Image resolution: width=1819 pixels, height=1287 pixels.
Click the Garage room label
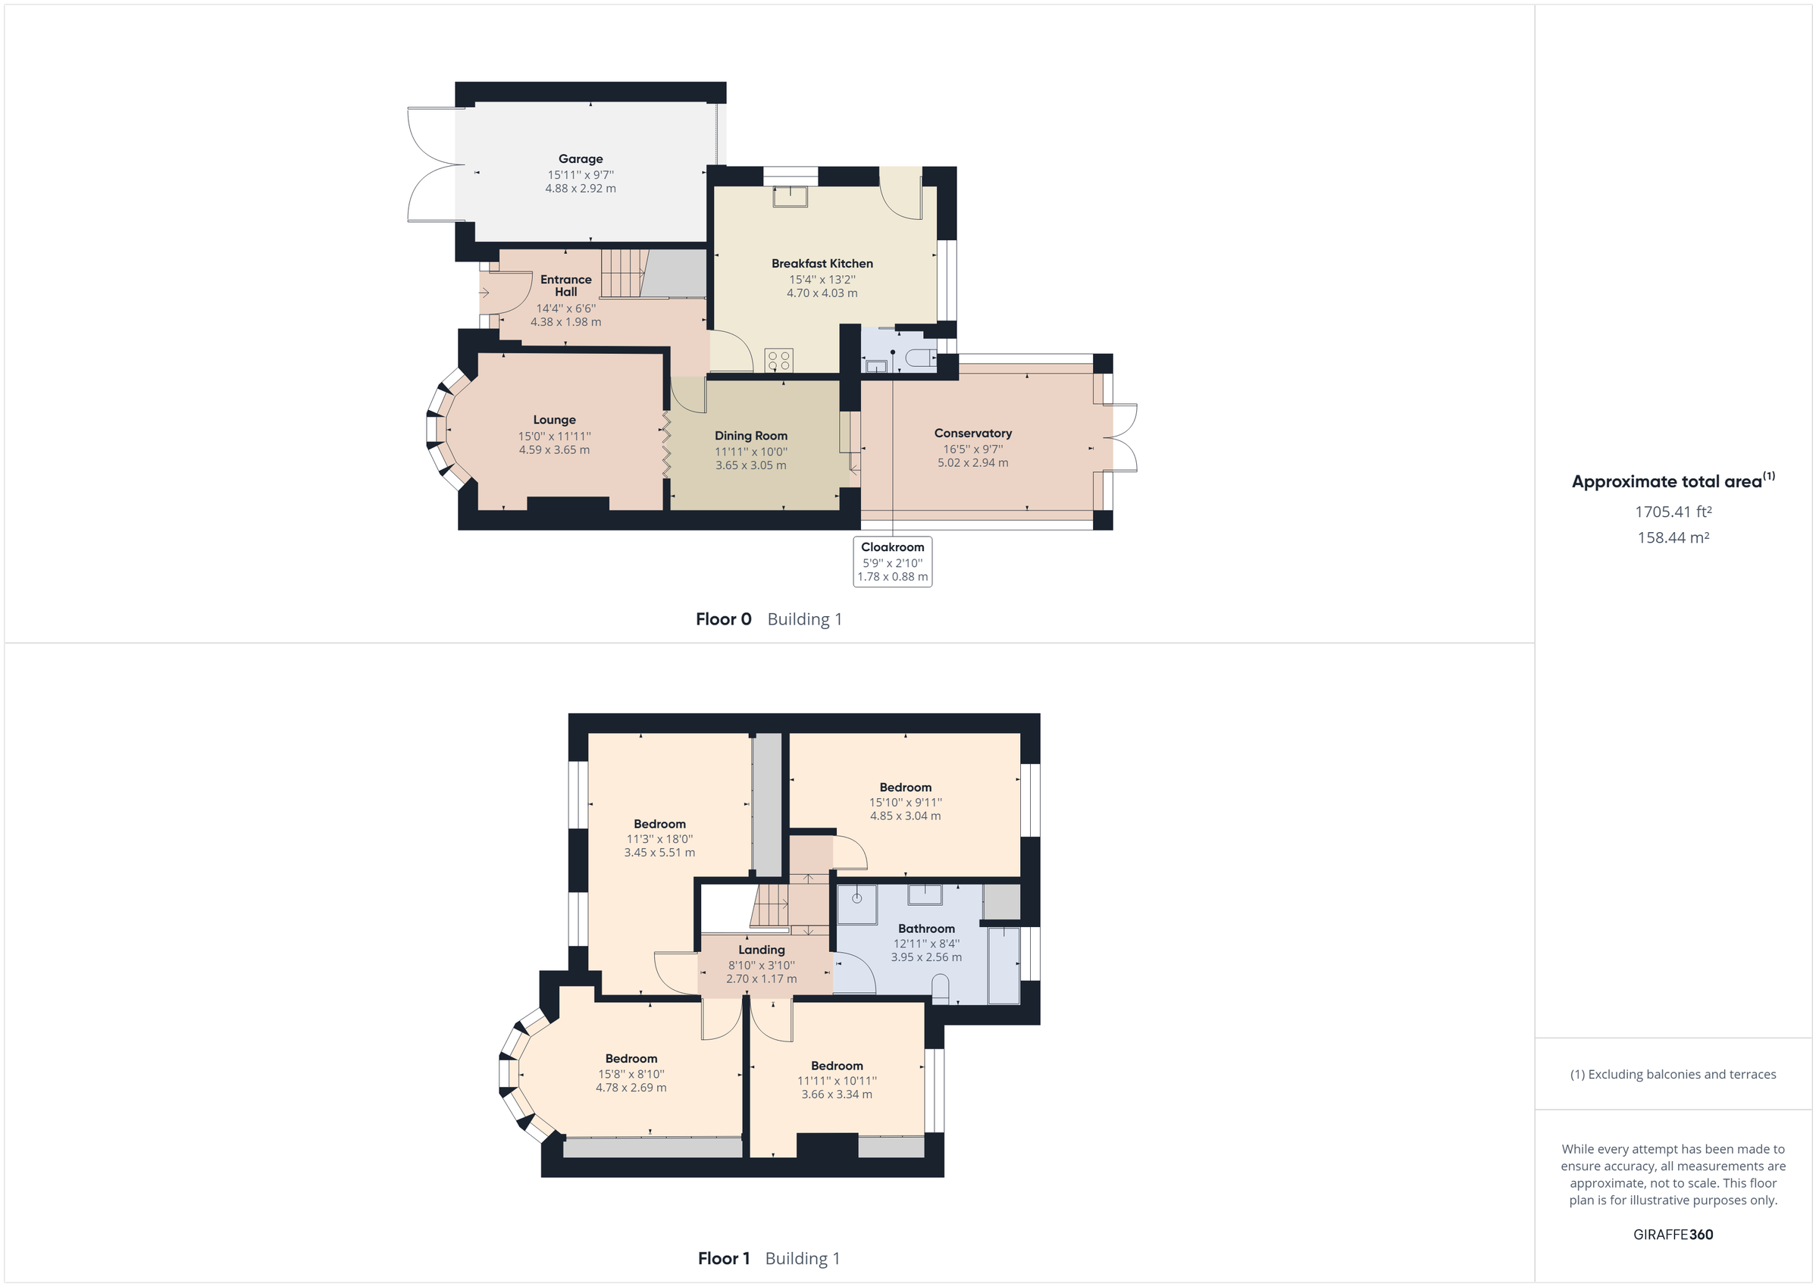[580, 159]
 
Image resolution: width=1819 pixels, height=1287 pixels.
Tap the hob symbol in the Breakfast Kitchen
[779, 361]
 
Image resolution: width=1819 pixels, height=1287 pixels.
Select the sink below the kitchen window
[790, 196]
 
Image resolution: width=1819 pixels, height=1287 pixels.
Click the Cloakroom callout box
[892, 561]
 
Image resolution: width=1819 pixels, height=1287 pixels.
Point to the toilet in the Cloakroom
[920, 359]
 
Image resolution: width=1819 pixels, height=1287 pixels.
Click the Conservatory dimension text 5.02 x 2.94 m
[973, 463]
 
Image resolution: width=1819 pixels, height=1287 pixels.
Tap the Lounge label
[554, 420]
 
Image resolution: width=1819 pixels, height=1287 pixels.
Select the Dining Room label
[750, 436]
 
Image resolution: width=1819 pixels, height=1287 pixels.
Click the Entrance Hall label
[565, 285]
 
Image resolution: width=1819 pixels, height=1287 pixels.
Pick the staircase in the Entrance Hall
[623, 273]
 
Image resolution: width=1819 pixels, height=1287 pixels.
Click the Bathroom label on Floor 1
[926, 928]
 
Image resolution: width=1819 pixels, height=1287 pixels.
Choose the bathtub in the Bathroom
[1003, 964]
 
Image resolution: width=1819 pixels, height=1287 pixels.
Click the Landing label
[762, 950]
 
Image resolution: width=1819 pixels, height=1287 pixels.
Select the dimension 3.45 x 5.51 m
[659, 853]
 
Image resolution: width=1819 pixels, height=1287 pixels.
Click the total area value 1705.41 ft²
[1673, 512]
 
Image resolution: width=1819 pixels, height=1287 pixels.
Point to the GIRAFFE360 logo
[1673, 1235]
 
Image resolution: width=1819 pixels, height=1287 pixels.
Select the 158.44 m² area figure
[1673, 537]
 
